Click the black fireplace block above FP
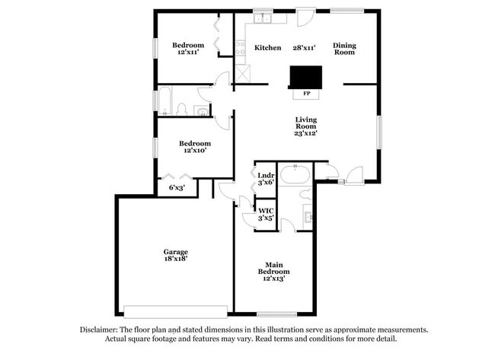tap(306, 77)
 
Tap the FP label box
tap(306, 94)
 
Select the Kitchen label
tap(267, 48)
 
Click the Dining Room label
tap(344, 49)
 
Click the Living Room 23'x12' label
tap(306, 126)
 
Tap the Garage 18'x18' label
tap(175, 255)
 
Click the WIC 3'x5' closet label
tap(266, 215)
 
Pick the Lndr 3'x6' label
tap(266, 180)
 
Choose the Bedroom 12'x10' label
tap(195, 147)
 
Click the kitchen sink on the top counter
tap(263, 17)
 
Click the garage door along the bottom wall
tap(175, 311)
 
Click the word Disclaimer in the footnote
tap(99, 330)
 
